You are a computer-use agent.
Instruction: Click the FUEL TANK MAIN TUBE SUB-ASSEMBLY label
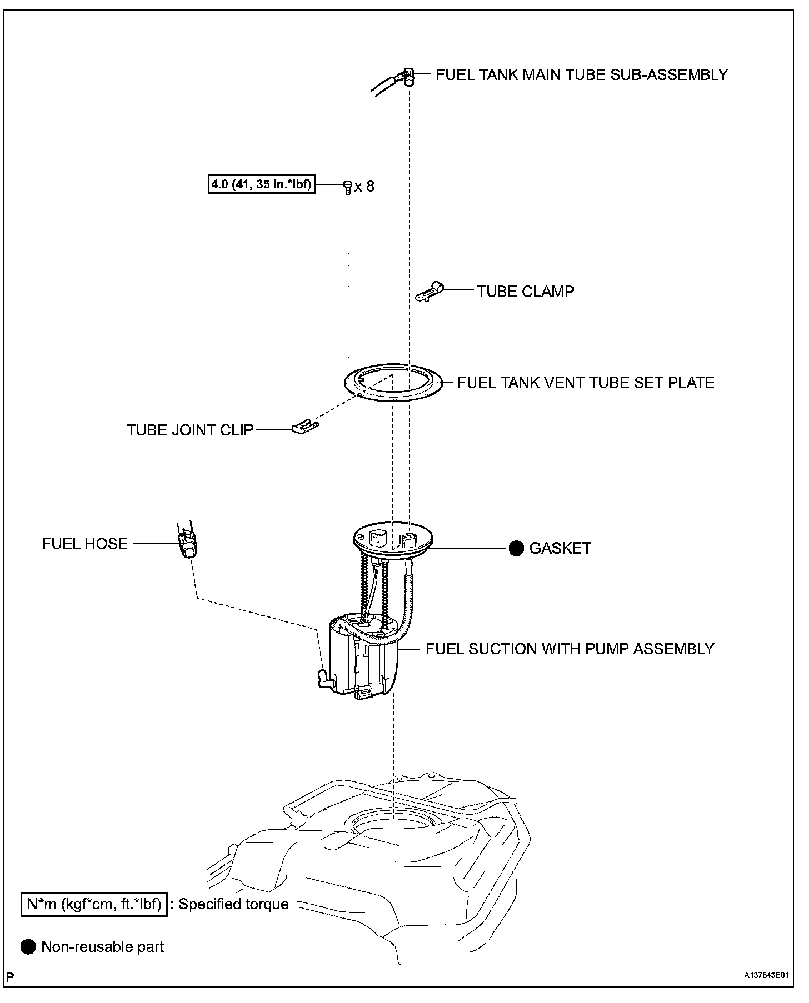581,74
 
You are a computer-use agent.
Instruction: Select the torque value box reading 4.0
259,184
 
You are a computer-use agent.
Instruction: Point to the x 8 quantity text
364,186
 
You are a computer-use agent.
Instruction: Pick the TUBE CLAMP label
525,292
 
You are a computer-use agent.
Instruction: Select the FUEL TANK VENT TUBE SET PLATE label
586,383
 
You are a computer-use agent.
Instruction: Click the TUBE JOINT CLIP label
190,430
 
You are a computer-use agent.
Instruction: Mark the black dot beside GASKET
516,548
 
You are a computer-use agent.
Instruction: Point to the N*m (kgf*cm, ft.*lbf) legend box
94,904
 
